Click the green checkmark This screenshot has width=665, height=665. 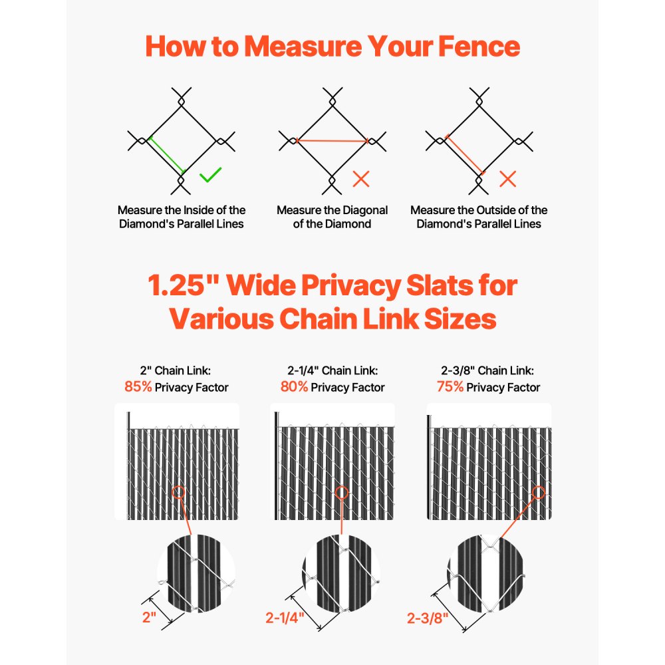(210, 176)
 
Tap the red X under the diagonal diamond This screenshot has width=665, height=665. (361, 178)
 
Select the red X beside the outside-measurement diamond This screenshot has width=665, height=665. (508, 178)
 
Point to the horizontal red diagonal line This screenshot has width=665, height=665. (332, 141)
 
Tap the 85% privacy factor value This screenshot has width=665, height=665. (138, 387)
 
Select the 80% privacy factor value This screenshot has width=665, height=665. (294, 387)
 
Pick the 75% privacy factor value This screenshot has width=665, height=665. (450, 387)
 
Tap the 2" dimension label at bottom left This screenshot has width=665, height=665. (148, 617)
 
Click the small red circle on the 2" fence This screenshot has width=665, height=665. (178, 493)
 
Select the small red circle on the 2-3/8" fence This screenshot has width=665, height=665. (538, 493)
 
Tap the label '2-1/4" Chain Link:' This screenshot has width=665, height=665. (332, 370)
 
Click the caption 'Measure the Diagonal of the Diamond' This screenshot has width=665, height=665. (332, 217)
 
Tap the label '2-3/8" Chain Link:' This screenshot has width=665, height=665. (488, 370)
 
